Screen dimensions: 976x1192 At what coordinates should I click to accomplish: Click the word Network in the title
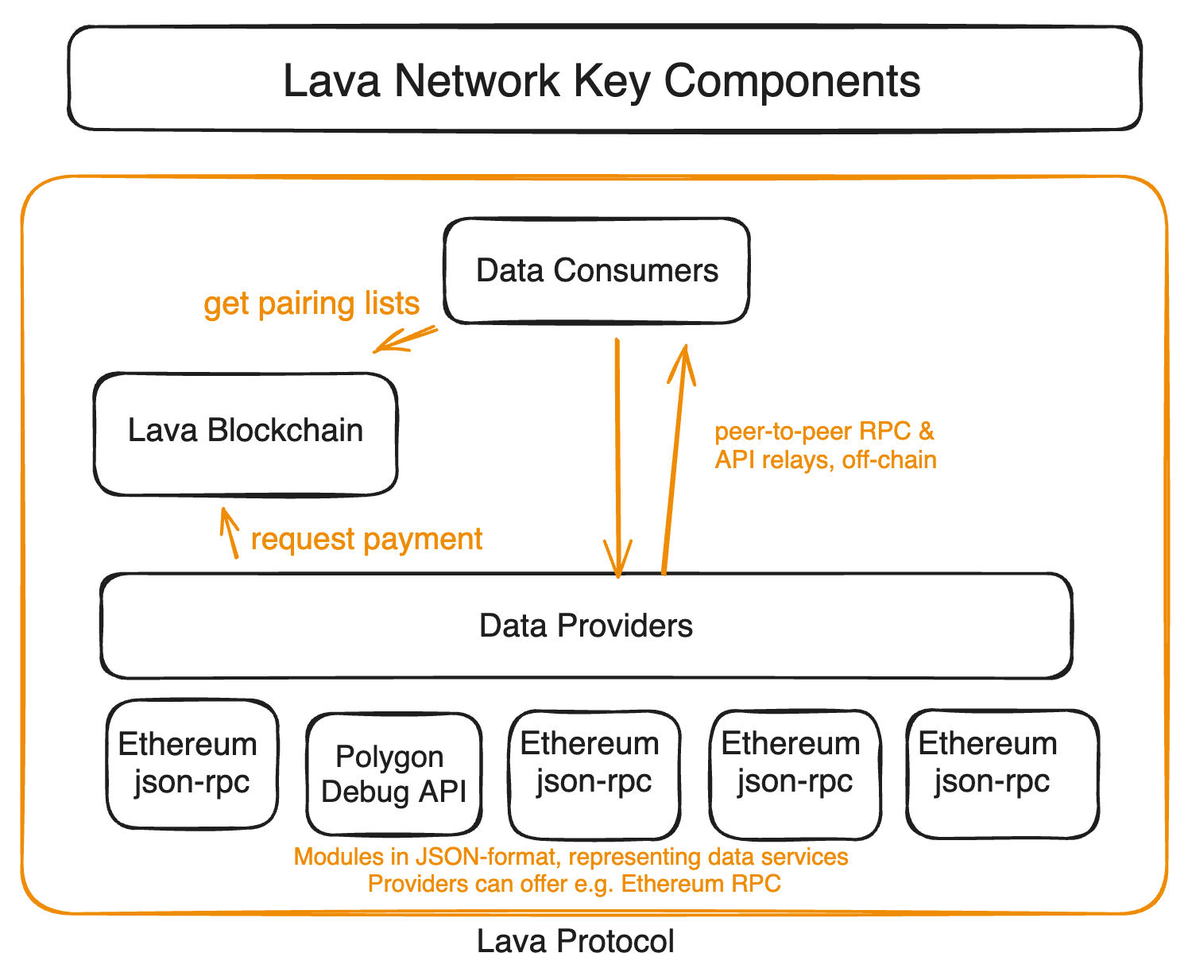[477, 81]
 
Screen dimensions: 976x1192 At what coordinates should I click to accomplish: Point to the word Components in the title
[791, 81]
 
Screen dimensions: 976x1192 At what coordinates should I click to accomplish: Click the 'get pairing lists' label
[312, 304]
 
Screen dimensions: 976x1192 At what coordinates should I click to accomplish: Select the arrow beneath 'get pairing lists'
[404, 340]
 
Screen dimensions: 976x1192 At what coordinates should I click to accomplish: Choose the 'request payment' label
[366, 539]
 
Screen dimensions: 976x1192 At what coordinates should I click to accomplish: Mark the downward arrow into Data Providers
[617, 457]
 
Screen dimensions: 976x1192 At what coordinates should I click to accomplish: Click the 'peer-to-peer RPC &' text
[824, 432]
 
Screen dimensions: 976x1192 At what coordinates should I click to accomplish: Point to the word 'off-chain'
[889, 459]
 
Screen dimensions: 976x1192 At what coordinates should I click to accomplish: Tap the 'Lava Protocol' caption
[575, 942]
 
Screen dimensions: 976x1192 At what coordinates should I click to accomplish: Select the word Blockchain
[285, 430]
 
